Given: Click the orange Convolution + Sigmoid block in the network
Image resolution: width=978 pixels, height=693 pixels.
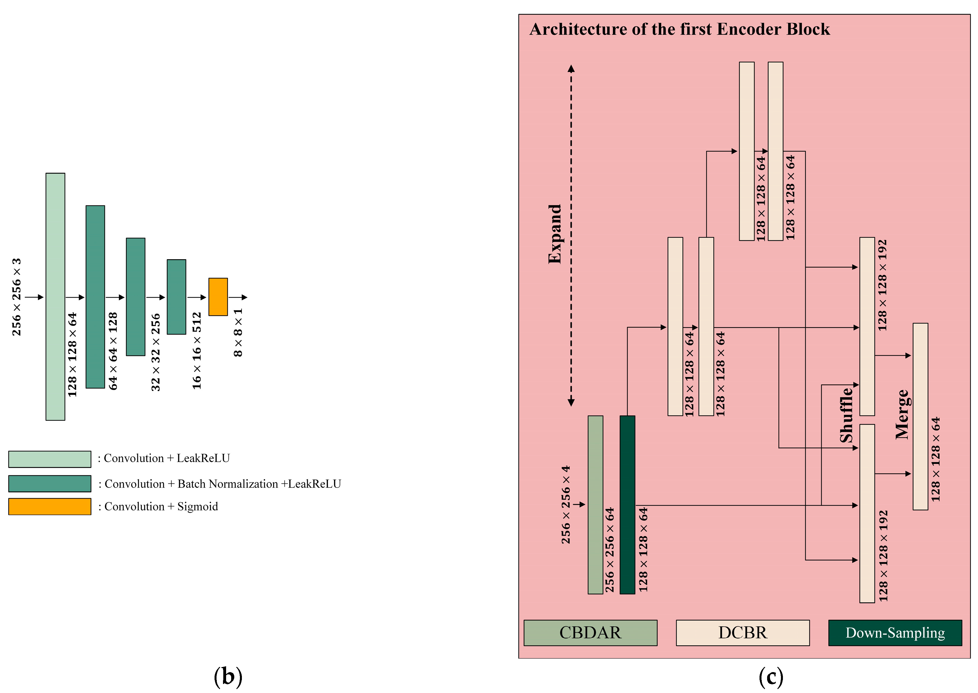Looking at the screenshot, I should click(218, 297).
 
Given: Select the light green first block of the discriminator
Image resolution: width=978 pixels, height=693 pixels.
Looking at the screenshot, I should click(56, 296).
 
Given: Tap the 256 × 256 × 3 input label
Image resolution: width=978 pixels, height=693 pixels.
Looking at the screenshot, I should click(16, 297).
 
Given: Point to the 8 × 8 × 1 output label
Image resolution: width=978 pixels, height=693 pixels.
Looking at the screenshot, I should click(238, 333).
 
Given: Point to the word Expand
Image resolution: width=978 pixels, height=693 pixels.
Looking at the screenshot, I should click(555, 234).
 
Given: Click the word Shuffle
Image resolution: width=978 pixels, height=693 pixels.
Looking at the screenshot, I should click(846, 415).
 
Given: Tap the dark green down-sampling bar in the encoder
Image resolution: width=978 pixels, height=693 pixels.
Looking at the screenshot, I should click(627, 505).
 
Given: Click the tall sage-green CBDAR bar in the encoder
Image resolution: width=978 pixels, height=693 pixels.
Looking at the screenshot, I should click(595, 505).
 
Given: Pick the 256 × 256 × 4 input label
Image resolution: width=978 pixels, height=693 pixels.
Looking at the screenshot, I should click(566, 505).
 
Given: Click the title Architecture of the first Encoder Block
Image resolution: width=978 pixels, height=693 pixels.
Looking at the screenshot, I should click(679, 29).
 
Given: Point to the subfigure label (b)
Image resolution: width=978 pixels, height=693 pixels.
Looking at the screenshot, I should click(228, 676).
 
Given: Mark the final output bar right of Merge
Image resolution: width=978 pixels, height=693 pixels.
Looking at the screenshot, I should click(920, 417).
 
